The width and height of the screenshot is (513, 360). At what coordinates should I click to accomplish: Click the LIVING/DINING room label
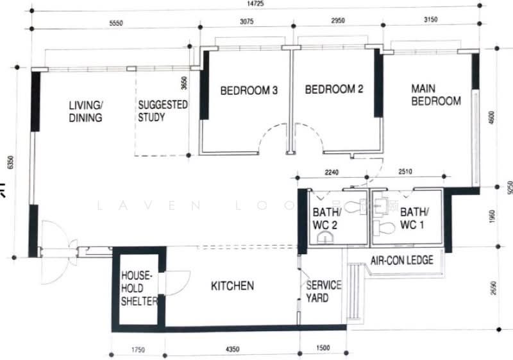tap(86, 111)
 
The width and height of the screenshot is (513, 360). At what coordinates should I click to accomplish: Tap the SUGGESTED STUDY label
tap(163, 110)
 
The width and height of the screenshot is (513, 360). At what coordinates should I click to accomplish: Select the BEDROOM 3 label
tap(249, 90)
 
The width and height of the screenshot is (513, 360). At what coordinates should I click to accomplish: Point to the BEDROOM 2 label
tap(333, 90)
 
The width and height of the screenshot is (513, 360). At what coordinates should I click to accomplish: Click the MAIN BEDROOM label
tap(436, 94)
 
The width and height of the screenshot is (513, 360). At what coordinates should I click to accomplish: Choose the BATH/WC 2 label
tap(325, 218)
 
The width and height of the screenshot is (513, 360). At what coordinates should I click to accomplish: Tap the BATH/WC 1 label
tap(412, 218)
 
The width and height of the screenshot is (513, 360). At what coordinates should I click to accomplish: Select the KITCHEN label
tap(233, 286)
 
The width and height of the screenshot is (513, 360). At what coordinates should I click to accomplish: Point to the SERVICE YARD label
tap(323, 291)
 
